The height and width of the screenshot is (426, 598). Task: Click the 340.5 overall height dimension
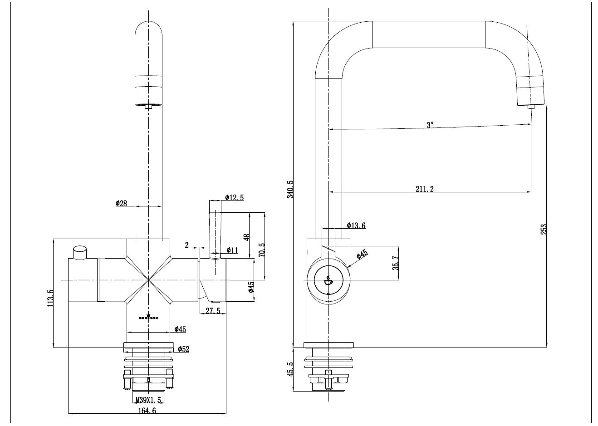pos(290,189)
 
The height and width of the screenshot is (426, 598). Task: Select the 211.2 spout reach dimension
pos(424,189)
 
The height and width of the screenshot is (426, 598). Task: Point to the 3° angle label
pos(430,124)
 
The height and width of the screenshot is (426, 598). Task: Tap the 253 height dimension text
pos(544,229)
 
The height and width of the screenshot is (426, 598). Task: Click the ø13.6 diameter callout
pos(356,225)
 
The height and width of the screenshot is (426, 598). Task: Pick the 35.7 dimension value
pos(395,263)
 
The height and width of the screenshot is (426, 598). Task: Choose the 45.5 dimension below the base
pos(290,369)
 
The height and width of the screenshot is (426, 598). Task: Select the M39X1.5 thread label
pos(148,400)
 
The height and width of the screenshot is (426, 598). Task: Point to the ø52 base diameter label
pos(183,349)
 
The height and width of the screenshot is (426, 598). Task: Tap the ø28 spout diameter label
pos(121,203)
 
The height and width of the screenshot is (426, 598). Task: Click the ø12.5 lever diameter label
pos(234,197)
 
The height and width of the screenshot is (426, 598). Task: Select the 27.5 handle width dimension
pos(212,311)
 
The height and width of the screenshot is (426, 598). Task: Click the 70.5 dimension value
pos(261,250)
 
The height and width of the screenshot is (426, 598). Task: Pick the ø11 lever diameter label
pos(232,250)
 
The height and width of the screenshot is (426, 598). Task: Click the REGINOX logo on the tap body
pos(148,317)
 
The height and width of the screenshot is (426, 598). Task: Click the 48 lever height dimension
pos(247,237)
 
